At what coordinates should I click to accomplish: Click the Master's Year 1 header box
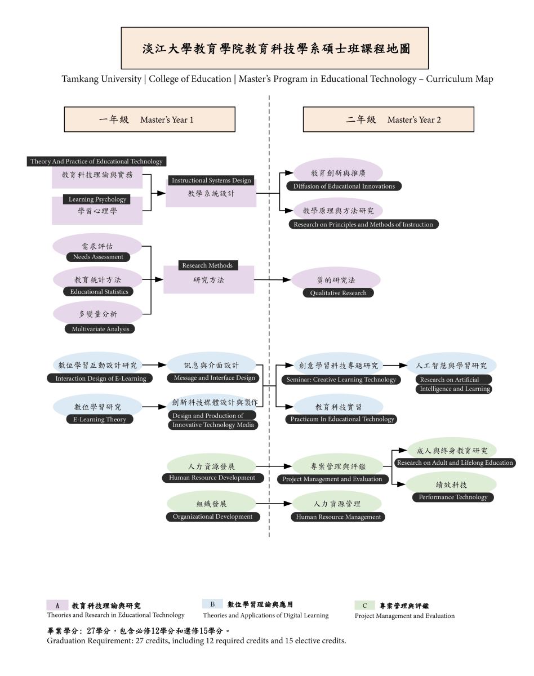click(149, 119)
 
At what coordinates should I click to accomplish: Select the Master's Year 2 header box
click(388, 119)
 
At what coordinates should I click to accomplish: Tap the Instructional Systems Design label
click(211, 180)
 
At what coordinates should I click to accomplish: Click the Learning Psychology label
click(97, 199)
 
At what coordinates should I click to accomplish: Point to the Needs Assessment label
click(97, 257)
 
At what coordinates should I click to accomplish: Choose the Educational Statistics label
click(99, 292)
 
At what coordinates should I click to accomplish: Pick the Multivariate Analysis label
click(100, 329)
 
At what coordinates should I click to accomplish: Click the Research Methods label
click(208, 265)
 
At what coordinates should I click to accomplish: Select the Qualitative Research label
click(338, 293)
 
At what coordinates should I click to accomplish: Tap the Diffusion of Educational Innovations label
click(344, 186)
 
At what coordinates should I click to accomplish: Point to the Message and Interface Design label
click(214, 378)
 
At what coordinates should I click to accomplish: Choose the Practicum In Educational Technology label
click(342, 419)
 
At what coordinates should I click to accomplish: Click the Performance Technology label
click(453, 497)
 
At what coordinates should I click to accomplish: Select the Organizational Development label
click(212, 517)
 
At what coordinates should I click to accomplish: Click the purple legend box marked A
click(57, 605)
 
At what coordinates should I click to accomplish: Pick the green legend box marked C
click(364, 606)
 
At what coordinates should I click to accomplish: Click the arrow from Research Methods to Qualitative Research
click(273, 279)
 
